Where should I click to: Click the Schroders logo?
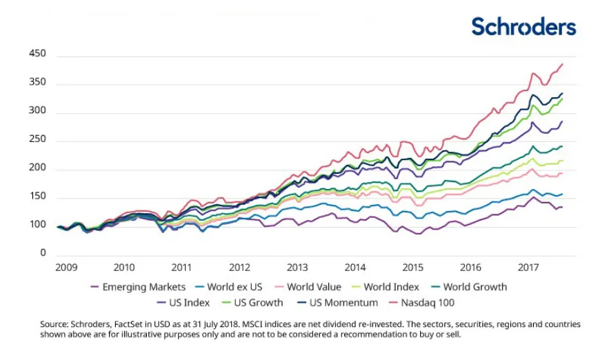pyautogui.click(x=523, y=26)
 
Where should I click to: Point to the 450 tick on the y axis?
pyautogui.click(x=37, y=54)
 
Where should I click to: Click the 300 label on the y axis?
pyautogui.click(x=37, y=111)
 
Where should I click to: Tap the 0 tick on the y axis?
pyautogui.click(x=43, y=253)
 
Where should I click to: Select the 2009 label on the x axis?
pyautogui.click(x=66, y=267)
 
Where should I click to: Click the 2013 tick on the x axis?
pyautogui.click(x=297, y=267)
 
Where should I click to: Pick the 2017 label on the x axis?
pyautogui.click(x=528, y=267)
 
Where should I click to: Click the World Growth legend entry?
pyautogui.click(x=475, y=287)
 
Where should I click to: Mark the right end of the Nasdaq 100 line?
pyautogui.click(x=563, y=64)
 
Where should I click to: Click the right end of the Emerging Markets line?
pyautogui.click(x=563, y=207)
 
